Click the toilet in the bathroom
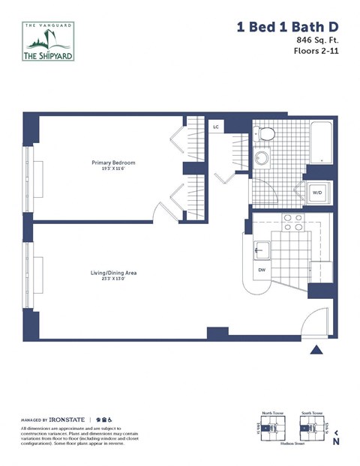[x=265, y=135]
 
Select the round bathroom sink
[x=262, y=159]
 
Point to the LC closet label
[x=216, y=127]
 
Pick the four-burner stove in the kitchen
[x=291, y=221]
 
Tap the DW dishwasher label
[x=262, y=270]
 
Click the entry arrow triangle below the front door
[x=316, y=349]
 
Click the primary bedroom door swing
[x=165, y=211]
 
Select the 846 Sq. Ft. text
[x=314, y=40]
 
